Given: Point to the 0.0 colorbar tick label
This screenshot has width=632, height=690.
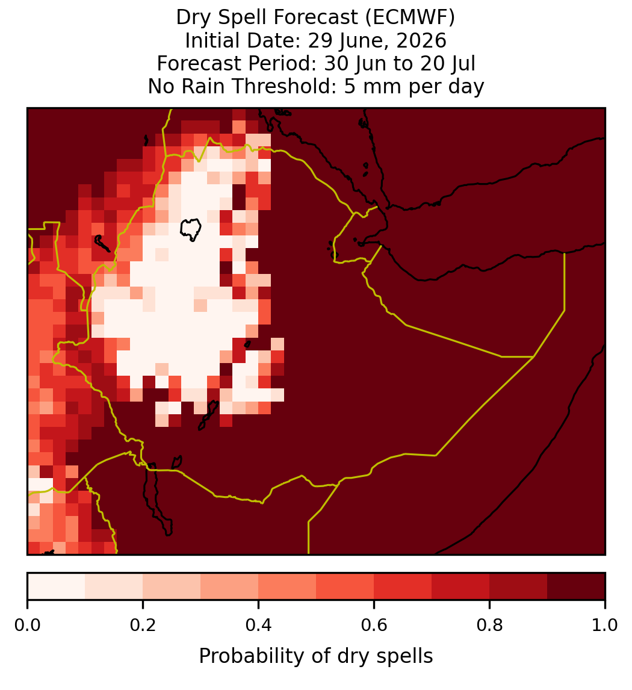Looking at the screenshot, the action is point(27,626).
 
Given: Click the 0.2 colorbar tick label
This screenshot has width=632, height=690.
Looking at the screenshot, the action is point(143,626).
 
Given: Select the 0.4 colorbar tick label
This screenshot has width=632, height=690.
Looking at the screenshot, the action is point(259,626).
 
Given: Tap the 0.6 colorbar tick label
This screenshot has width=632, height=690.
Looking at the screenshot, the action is point(374,626).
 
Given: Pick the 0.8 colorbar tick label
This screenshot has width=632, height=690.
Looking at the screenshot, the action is point(489,626).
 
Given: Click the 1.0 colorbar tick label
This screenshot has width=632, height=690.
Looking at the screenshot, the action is point(605,626).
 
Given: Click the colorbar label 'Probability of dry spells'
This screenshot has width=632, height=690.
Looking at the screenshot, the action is point(316,656).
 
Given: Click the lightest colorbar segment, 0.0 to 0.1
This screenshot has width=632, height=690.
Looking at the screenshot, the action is point(57,586).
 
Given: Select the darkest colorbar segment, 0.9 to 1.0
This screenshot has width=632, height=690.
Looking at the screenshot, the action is point(576,586).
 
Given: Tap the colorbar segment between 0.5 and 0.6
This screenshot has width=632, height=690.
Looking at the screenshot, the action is point(345,586).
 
